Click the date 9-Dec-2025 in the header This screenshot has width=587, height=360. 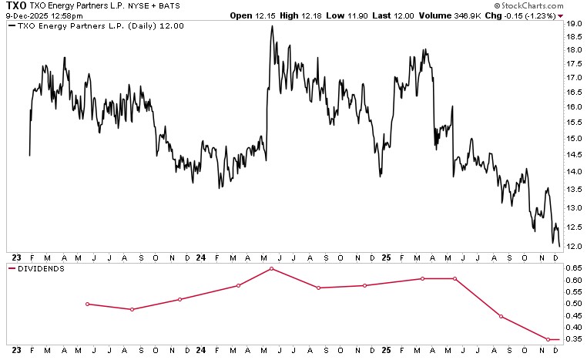coord(23,15)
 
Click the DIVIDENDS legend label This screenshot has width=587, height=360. coord(40,269)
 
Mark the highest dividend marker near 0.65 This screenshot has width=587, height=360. coord(272,268)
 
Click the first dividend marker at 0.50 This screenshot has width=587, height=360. coord(88,304)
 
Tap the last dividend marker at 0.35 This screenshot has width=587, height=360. coord(548,339)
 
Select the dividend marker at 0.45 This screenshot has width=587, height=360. coord(501,316)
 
